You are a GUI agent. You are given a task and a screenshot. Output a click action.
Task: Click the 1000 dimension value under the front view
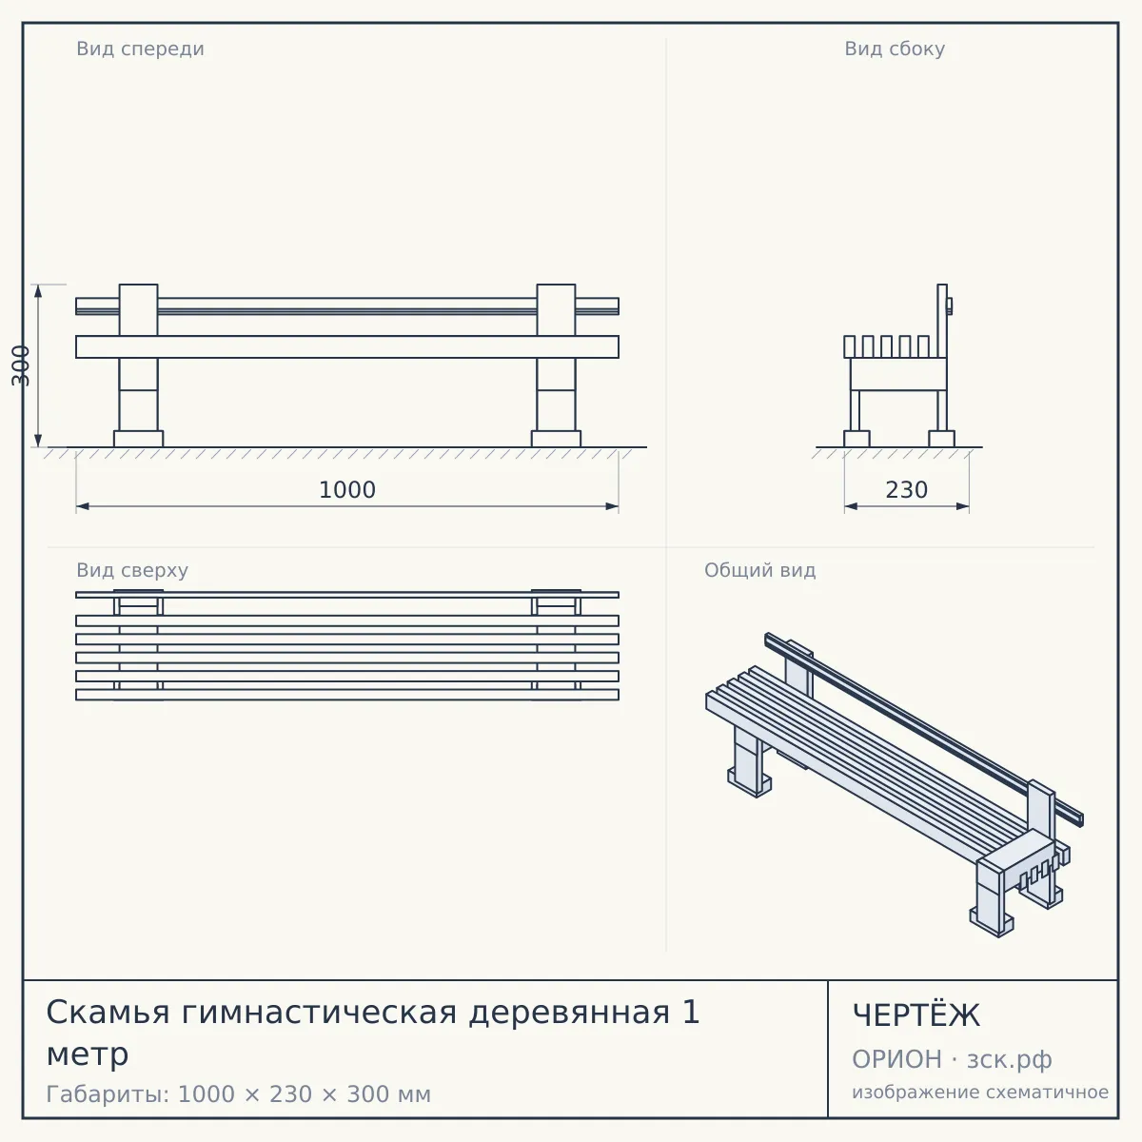click(x=347, y=490)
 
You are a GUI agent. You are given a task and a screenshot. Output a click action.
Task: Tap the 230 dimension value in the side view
click(x=907, y=490)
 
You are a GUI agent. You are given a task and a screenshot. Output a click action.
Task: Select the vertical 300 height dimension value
click(x=21, y=365)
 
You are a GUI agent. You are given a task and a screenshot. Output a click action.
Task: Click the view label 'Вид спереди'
click(x=141, y=49)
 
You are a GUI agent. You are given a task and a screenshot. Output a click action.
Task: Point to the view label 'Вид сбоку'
click(x=895, y=49)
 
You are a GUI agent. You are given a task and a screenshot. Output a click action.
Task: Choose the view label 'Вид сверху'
click(x=132, y=570)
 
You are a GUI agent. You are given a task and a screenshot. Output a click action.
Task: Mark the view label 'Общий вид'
click(x=759, y=570)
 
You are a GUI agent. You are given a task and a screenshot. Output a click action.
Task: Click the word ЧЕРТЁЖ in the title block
click(x=916, y=1015)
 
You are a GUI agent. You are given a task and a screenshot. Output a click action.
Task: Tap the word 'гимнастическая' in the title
click(x=319, y=1013)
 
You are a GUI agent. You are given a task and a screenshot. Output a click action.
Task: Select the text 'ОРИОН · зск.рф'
click(x=952, y=1059)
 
